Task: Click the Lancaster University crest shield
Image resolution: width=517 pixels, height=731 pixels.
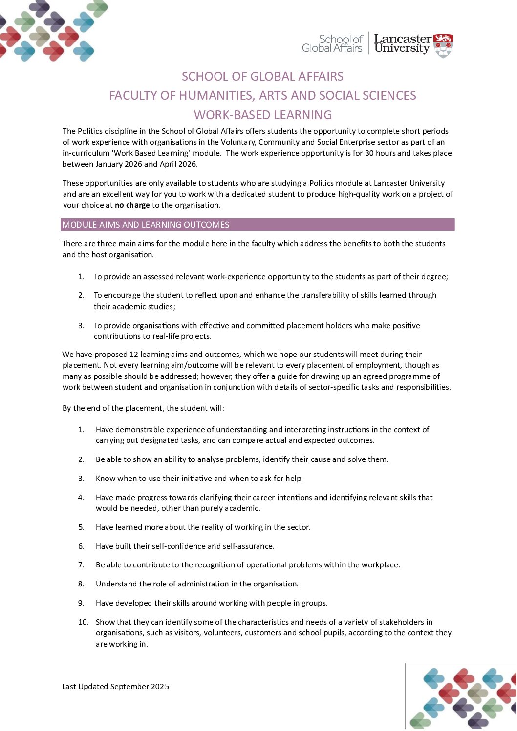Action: [x=443, y=45]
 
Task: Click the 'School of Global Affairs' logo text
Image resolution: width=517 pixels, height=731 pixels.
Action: [x=332, y=43]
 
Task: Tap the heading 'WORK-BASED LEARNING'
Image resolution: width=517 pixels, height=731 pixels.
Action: [x=263, y=115]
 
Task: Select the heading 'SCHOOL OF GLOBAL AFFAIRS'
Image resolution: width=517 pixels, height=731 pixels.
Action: [x=262, y=77]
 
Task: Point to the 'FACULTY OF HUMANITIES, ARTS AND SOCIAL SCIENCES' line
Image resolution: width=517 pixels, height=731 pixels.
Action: [x=262, y=96]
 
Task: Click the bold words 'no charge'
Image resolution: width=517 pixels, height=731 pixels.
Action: [x=132, y=205]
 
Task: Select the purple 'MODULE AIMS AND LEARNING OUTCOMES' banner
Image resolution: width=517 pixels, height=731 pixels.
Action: [x=258, y=225]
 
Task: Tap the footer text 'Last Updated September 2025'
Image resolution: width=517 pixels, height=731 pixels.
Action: [x=115, y=687]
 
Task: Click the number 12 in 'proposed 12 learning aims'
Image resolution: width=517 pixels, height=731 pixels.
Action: [x=134, y=355]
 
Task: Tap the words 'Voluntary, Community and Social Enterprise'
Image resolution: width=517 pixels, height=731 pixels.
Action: [x=299, y=142]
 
